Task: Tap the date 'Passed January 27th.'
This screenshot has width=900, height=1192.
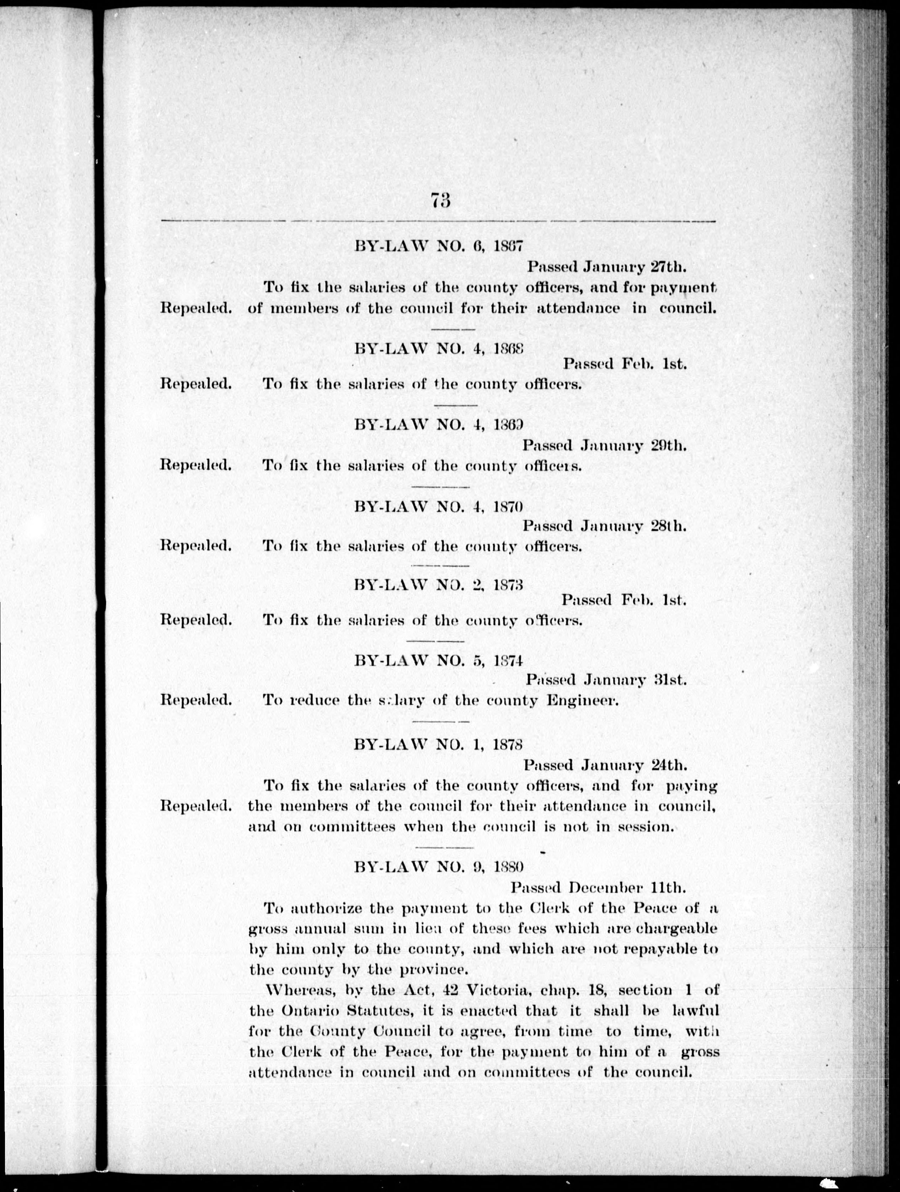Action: [x=606, y=266]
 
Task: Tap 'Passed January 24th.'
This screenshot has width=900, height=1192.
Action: [x=604, y=765]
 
